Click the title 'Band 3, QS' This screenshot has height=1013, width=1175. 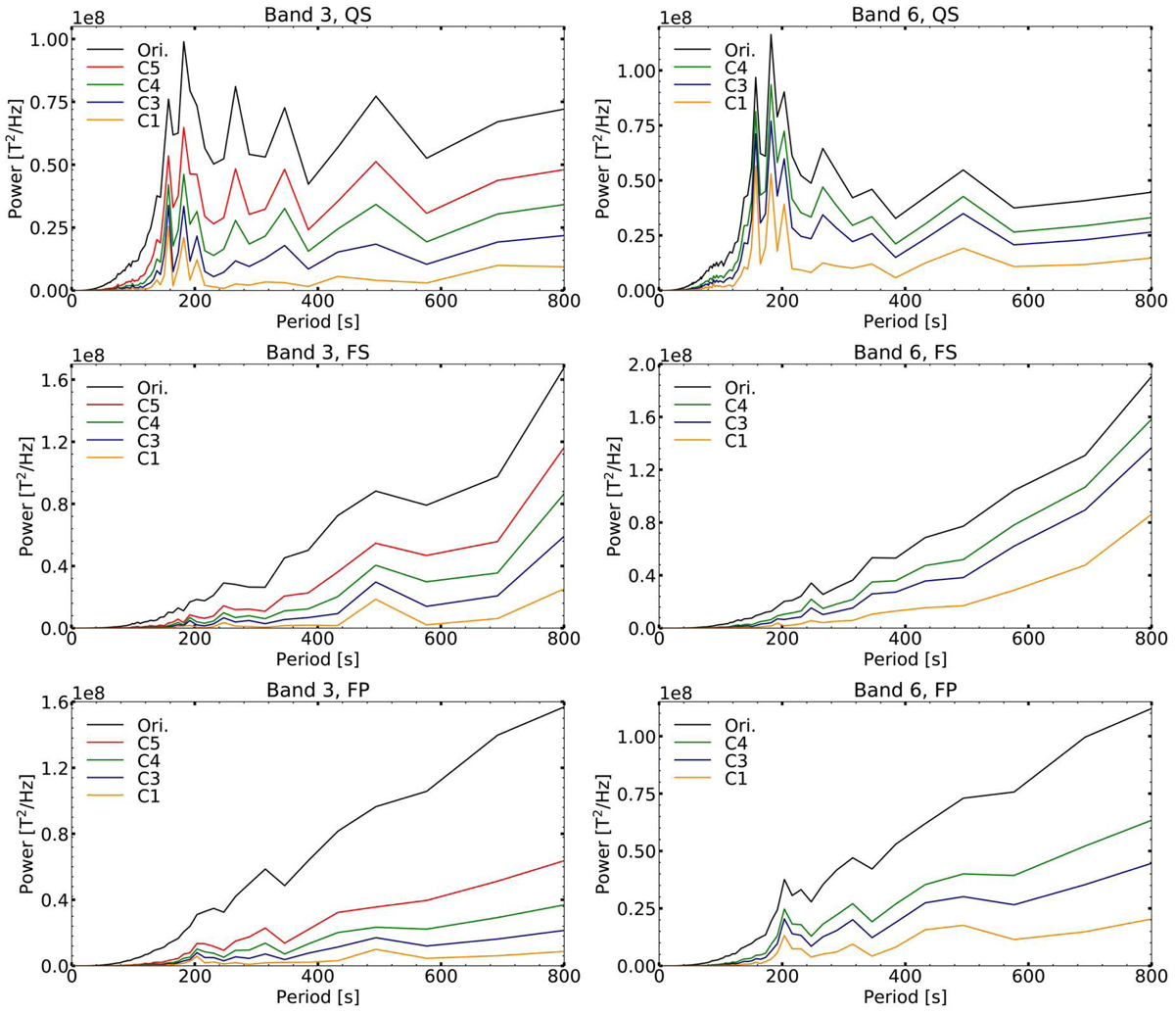317,13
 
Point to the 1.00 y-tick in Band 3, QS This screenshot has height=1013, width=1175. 46,39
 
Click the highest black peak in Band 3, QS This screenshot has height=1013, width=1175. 183,42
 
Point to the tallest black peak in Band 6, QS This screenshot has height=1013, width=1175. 771,35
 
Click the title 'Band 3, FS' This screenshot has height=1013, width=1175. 317,350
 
